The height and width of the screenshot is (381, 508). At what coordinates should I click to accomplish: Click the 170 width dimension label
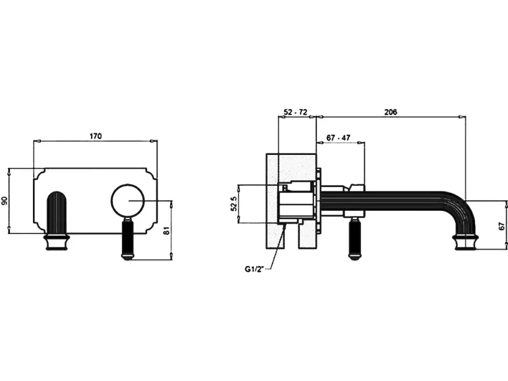click(95, 136)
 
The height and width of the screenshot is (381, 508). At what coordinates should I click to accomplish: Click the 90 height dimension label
click(5, 201)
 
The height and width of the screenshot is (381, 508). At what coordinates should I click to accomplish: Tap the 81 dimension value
click(167, 230)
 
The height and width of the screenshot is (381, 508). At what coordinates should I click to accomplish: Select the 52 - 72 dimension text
click(295, 112)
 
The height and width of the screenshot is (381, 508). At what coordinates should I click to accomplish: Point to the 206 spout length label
click(390, 112)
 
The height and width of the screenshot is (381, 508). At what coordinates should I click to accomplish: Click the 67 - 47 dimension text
click(338, 138)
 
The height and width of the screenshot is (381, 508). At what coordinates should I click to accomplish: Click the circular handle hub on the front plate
click(127, 200)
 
